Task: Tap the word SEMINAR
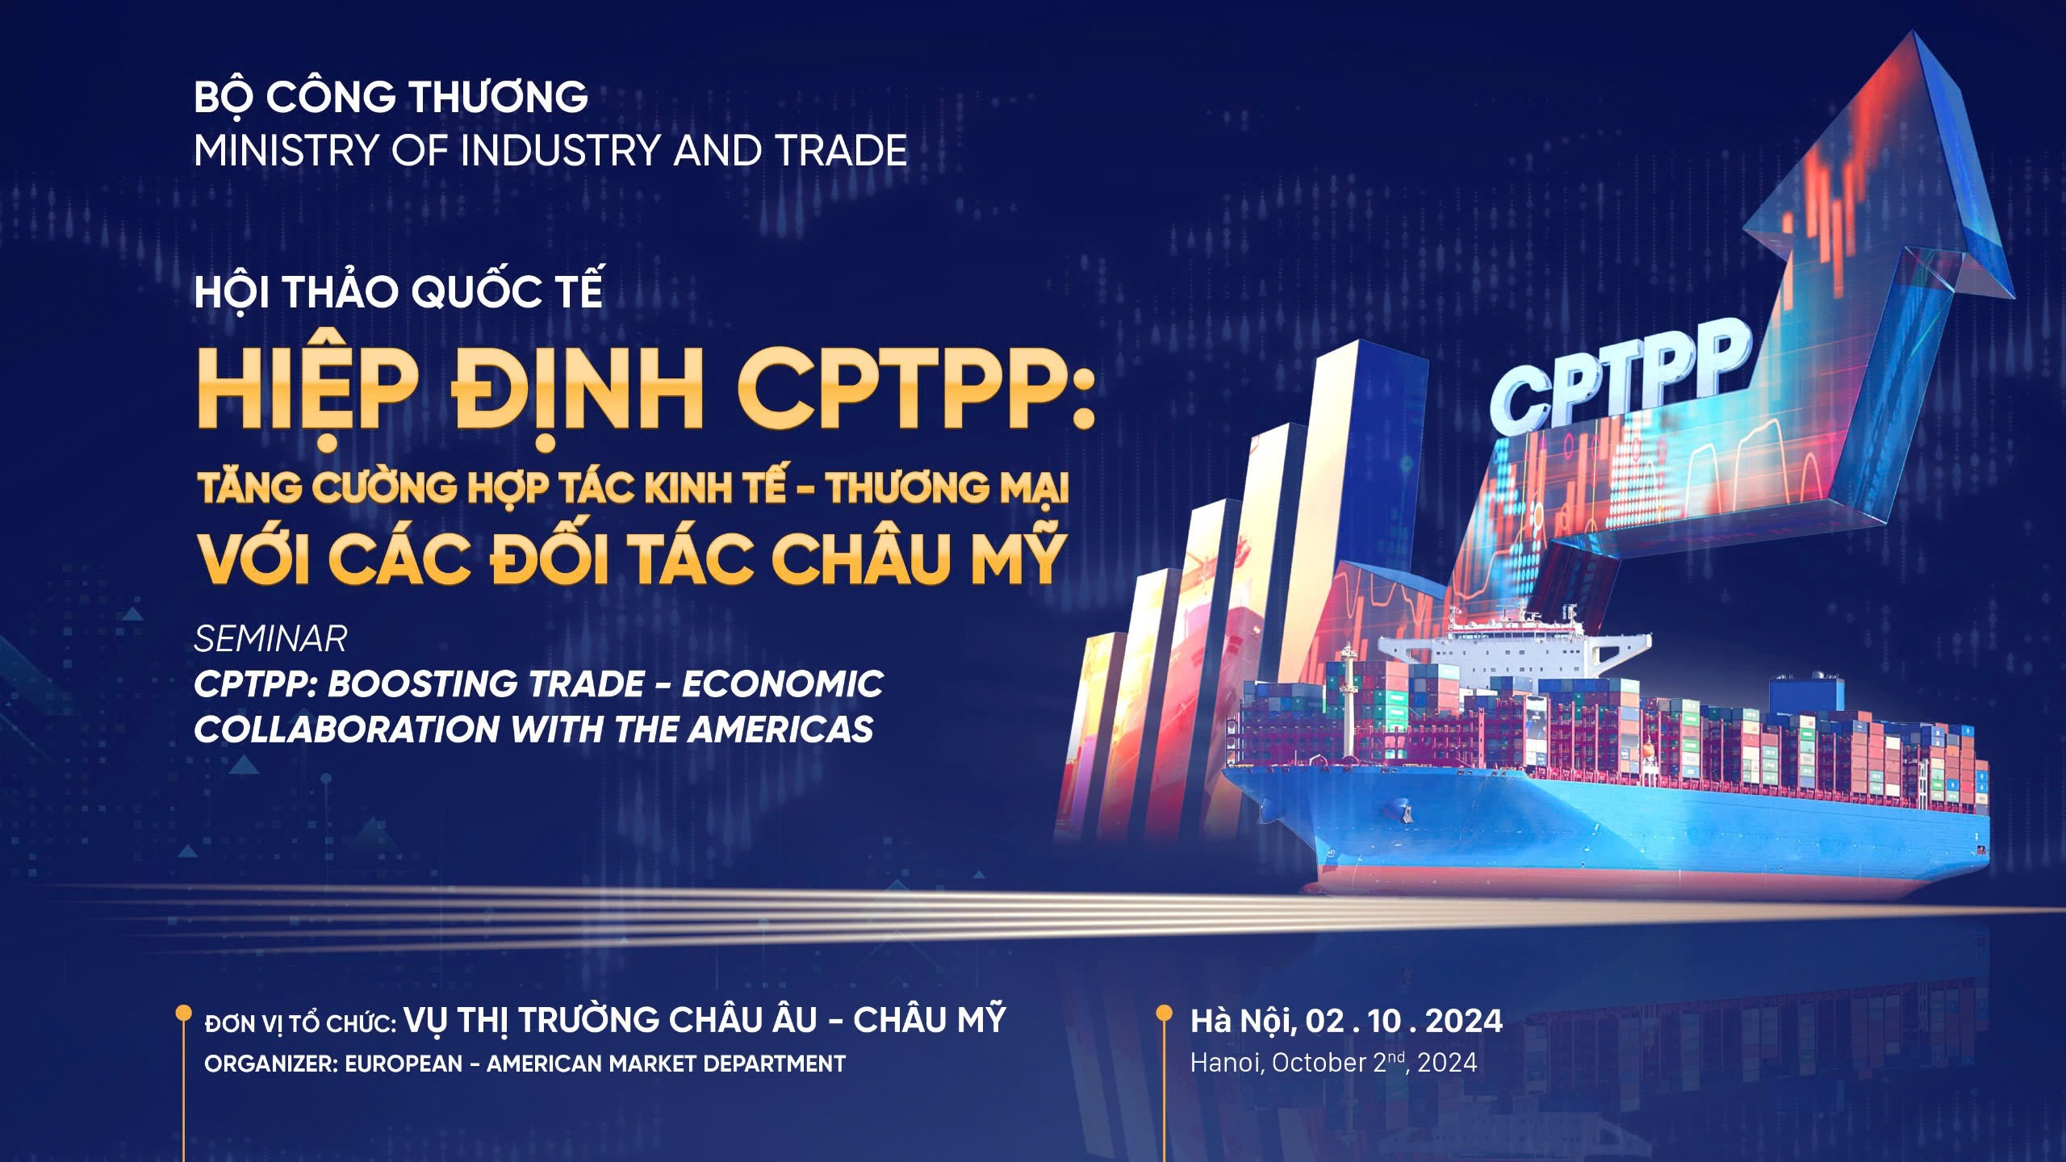(x=270, y=639)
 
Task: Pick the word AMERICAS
(x=780, y=729)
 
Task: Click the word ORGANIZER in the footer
(x=270, y=1064)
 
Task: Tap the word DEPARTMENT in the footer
(x=774, y=1064)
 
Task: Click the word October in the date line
(x=1320, y=1063)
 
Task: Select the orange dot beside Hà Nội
(x=1164, y=1013)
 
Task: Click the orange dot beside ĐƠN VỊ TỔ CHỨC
(x=184, y=1013)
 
